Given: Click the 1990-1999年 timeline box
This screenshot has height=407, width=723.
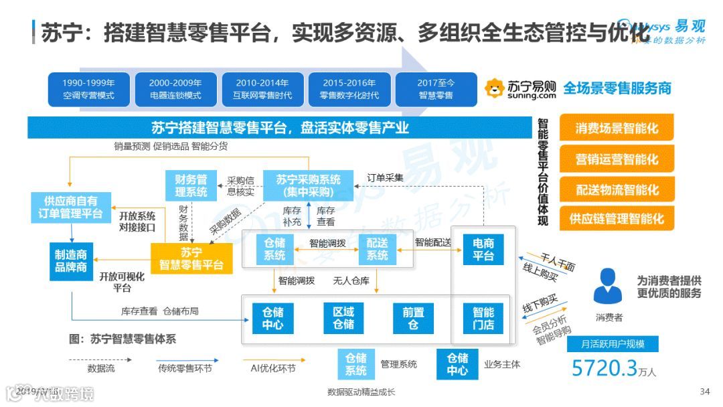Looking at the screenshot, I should click(89, 89).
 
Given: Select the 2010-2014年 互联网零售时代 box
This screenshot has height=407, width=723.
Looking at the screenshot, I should click(262, 89).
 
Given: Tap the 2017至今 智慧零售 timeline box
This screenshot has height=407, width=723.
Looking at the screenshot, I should click(436, 89).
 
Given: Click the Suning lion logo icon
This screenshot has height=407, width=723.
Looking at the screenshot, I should click(495, 88).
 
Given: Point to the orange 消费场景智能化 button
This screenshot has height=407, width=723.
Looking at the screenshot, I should click(617, 128).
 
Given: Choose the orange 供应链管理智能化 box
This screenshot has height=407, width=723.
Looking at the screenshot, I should click(617, 218).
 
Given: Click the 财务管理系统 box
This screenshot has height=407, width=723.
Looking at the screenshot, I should click(191, 185).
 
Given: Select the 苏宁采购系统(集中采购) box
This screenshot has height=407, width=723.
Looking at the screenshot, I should click(309, 185).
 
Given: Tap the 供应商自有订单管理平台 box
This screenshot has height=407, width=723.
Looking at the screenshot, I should click(70, 207).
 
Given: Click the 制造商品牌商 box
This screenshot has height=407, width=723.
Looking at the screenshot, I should click(71, 260).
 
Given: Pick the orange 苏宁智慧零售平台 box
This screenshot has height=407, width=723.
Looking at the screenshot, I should click(191, 258).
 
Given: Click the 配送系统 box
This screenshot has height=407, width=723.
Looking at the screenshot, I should click(378, 249).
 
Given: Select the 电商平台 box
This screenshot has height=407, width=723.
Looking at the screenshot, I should click(483, 249).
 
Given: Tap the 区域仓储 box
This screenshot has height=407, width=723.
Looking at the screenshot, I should click(343, 318).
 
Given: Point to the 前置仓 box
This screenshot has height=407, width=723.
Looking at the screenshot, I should click(413, 318).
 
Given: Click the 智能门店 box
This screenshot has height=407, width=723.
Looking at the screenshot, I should click(483, 318).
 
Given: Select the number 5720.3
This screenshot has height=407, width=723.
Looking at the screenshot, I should click(605, 368).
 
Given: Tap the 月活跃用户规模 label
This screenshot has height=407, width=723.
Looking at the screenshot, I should click(613, 344).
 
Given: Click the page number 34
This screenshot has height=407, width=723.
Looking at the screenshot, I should click(704, 392).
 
